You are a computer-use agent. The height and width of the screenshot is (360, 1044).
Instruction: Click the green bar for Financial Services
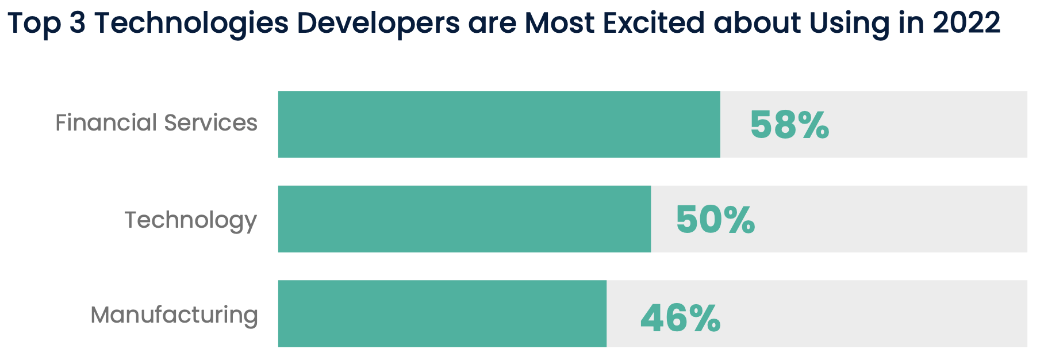tap(499, 124)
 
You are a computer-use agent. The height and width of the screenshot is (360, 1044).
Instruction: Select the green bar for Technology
tap(465, 219)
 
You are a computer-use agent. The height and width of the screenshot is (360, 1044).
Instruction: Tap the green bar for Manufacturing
tap(442, 314)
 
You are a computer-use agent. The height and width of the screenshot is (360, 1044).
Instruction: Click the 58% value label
tap(789, 125)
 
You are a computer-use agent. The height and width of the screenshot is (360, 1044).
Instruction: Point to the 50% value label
tap(715, 220)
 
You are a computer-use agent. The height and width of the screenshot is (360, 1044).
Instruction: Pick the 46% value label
tap(680, 318)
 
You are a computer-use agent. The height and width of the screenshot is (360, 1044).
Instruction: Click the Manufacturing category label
tap(174, 315)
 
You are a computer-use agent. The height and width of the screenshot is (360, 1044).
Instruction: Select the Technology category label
tap(190, 220)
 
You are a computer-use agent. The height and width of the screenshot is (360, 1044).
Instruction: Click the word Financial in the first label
tap(106, 123)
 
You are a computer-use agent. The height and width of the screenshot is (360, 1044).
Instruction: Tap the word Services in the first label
tap(210, 123)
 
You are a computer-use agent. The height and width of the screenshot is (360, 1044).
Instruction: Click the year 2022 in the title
tap(966, 23)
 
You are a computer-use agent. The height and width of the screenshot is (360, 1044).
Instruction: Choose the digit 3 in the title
tap(78, 24)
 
